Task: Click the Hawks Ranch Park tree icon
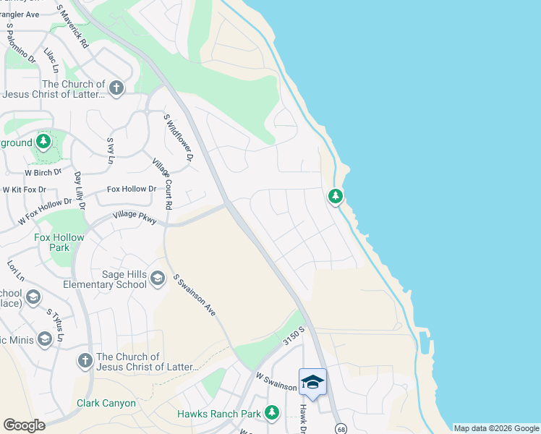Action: [x=272, y=413]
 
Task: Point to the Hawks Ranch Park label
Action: [x=219, y=414]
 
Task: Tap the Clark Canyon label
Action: [x=106, y=403]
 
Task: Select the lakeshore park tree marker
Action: [x=335, y=195]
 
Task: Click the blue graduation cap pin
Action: [x=312, y=382]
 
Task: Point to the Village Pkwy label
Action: [x=135, y=216]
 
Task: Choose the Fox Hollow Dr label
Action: [x=132, y=190]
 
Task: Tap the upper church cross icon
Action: [x=116, y=88]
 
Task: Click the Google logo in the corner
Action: [x=25, y=425]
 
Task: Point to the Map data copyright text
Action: [x=495, y=428]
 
